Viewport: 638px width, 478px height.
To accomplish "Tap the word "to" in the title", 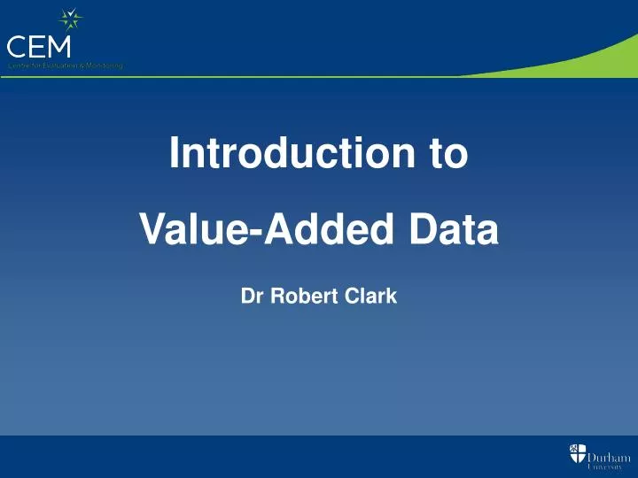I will point(448,154).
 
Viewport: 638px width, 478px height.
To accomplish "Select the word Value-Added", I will point(264,231).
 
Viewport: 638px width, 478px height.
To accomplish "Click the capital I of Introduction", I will point(175,153).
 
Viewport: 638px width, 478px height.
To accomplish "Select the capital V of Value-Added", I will point(153,231).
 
